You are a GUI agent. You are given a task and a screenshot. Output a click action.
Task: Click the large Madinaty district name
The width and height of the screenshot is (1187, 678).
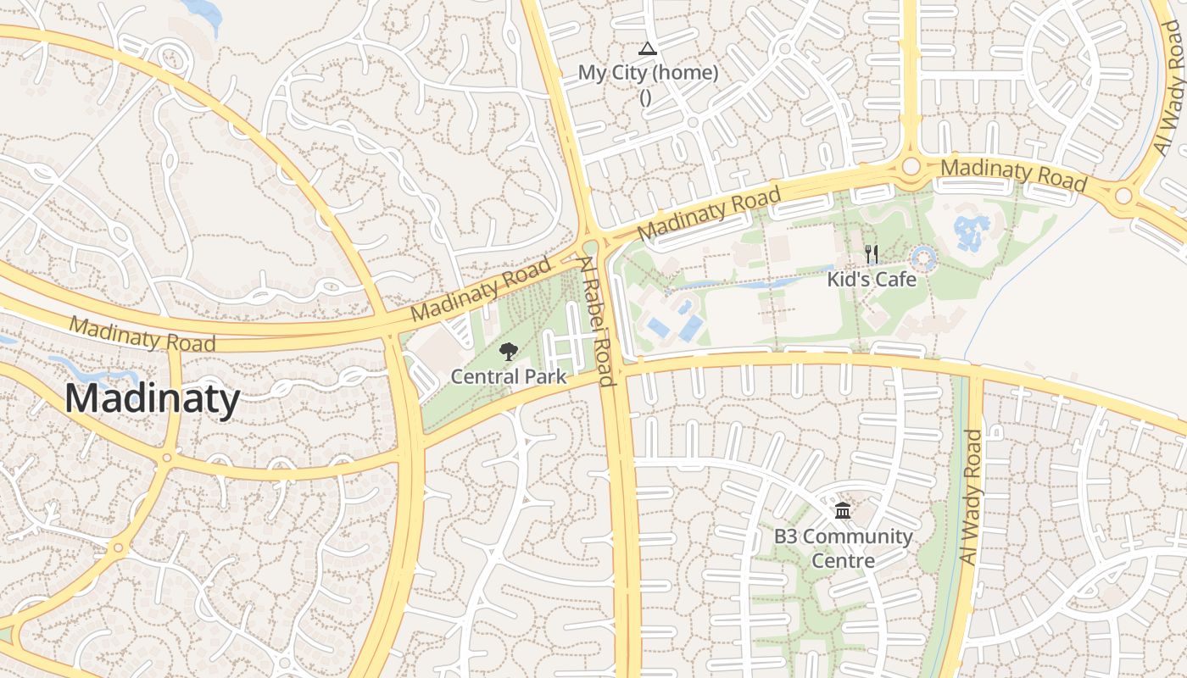[153, 398]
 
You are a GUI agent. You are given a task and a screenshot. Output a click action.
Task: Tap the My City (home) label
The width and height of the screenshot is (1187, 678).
[648, 73]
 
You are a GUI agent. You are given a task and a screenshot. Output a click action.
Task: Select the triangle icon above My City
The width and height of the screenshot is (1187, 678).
[648, 49]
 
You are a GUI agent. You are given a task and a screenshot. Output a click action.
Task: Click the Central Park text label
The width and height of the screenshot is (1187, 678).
[508, 376]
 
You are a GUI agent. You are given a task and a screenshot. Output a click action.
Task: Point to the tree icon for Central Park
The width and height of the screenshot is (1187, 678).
[508, 352]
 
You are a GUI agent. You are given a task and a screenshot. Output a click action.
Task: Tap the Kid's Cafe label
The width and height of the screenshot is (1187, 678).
[872, 279]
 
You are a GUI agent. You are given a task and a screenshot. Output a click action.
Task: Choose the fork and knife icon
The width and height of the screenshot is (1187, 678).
[871, 253]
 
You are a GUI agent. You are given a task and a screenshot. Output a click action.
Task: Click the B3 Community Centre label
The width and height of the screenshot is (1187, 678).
[843, 548]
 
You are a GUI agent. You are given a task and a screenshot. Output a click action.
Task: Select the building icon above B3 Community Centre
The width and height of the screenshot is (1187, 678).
[843, 511]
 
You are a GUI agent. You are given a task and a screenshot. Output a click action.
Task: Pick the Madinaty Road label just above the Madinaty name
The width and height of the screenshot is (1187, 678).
[142, 334]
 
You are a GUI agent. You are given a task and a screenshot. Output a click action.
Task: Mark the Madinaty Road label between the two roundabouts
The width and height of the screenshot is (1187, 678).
[1013, 174]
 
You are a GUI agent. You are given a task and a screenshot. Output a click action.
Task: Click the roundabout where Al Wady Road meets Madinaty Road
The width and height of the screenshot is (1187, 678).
[1123, 197]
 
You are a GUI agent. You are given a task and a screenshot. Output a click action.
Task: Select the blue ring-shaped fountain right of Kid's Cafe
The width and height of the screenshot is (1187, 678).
[922, 258]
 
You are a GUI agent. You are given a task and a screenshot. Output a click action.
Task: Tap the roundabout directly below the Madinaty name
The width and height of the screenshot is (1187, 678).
[166, 458]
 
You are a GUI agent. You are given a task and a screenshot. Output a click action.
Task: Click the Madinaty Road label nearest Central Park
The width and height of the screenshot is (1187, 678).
[480, 290]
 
